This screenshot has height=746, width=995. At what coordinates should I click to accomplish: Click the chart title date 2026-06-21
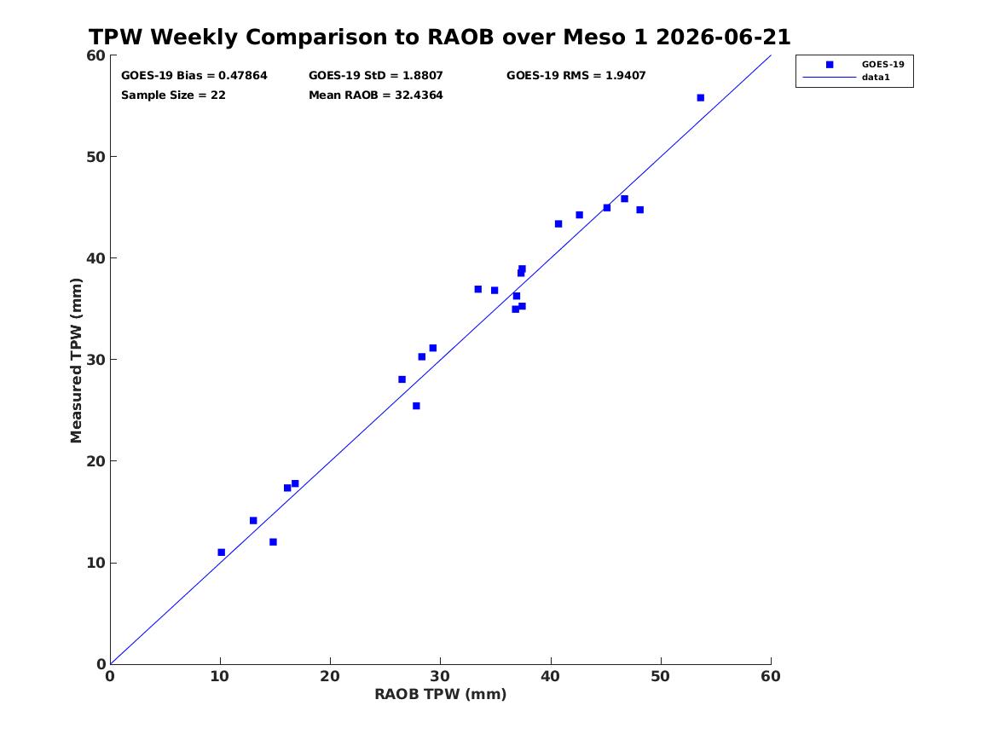click(x=723, y=38)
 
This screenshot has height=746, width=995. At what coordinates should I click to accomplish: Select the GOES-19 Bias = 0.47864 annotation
click(x=194, y=76)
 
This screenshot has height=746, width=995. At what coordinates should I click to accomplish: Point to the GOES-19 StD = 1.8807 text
click(x=376, y=76)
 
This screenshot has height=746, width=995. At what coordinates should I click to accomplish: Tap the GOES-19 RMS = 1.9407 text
click(x=576, y=76)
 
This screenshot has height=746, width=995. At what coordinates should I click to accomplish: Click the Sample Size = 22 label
click(x=173, y=95)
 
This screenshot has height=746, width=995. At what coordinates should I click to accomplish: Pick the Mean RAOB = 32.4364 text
click(x=376, y=95)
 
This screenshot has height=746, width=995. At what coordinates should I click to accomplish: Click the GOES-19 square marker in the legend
click(x=830, y=64)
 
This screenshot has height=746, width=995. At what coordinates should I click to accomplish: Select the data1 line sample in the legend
click(x=830, y=78)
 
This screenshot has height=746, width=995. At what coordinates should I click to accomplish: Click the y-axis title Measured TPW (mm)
click(x=76, y=361)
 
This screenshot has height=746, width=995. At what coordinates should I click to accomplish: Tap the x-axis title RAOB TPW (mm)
click(x=441, y=694)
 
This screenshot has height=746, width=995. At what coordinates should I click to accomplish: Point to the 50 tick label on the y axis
click(x=95, y=157)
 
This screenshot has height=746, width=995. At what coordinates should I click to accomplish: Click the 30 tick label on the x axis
click(x=441, y=676)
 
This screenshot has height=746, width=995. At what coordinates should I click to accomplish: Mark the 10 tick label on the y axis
click(x=95, y=563)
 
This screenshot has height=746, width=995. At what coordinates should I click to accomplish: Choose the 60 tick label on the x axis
click(x=771, y=676)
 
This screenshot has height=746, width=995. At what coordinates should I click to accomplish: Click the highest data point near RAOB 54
click(x=701, y=98)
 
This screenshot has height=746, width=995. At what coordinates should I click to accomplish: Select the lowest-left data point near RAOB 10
click(x=222, y=552)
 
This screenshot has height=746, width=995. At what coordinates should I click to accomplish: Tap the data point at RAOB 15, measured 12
click(x=273, y=541)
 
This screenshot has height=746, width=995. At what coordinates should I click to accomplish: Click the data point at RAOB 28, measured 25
click(x=416, y=406)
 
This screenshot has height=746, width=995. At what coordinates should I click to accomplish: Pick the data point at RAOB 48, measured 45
click(x=639, y=210)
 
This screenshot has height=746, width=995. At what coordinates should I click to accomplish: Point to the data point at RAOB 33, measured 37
click(x=477, y=289)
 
